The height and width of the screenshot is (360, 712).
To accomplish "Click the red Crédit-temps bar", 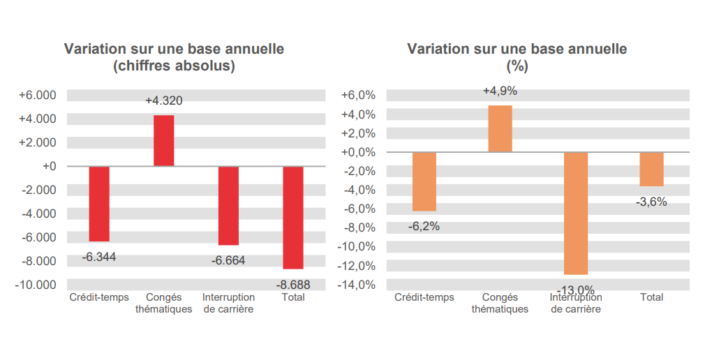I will click(99, 204).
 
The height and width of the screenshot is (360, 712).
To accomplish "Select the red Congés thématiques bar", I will click(164, 140).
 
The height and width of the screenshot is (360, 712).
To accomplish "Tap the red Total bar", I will click(293, 217).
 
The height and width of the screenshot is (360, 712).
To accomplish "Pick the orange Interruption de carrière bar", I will click(576, 213).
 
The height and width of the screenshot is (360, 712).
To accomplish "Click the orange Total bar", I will click(651, 169).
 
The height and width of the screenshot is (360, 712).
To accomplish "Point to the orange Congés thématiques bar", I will click(500, 128).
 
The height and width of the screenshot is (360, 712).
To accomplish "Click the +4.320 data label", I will click(164, 101).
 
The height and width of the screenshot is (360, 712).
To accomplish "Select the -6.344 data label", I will click(99, 257).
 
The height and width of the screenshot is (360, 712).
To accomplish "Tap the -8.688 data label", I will click(293, 285).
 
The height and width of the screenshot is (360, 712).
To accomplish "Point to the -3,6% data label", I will click(651, 202).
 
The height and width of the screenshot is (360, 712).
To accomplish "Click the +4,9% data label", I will click(500, 91).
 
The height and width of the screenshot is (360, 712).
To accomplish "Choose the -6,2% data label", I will click(424, 226).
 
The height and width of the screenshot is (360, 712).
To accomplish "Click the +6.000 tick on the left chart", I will click(37, 95).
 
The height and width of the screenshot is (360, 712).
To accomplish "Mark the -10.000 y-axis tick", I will click(36, 285).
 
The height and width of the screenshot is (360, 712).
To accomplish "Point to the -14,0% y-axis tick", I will click(357, 285).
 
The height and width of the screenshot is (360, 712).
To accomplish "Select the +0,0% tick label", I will click(359, 152).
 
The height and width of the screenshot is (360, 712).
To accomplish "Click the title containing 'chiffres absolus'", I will click(174, 67).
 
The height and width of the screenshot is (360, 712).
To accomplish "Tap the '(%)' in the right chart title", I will click(517, 67).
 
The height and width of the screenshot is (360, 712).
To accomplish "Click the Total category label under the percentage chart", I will click(651, 297).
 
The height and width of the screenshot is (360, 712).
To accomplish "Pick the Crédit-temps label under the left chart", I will click(99, 297).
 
